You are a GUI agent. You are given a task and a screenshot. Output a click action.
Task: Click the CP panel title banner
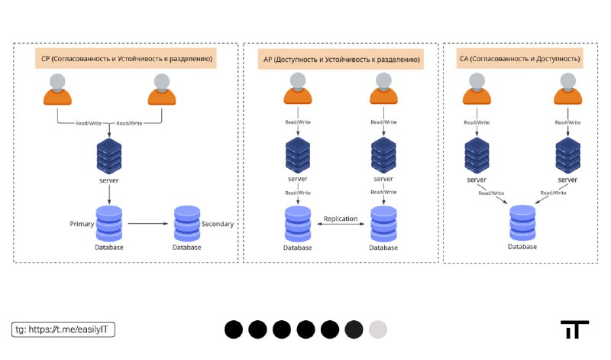tap(125, 59)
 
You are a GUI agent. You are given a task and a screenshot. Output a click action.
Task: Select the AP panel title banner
tap(341, 60)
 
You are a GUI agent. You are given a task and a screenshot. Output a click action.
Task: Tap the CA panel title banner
tap(519, 59)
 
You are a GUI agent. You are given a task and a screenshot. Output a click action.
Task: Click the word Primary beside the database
tap(82, 224)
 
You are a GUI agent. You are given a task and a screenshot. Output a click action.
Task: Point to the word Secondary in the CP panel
tap(218, 224)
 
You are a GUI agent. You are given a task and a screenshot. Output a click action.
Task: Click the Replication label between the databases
tap(340, 219)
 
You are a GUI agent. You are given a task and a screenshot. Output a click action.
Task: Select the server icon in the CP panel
tap(109, 156)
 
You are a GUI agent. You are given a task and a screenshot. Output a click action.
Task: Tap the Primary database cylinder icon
tap(109, 223)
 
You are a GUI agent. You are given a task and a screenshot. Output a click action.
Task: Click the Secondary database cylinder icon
tap(187, 223)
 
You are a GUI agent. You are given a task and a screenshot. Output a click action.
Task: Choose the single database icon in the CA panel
tap(522, 223)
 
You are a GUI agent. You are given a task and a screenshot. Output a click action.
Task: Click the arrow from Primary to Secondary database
tap(147, 223)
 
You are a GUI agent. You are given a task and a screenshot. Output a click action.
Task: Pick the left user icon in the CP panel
tap(58, 89)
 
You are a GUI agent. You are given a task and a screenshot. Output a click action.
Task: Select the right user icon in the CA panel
tap(567, 89)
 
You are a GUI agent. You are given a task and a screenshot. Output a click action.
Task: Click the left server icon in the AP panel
tap(298, 155)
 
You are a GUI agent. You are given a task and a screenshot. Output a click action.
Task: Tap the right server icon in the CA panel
tap(567, 155)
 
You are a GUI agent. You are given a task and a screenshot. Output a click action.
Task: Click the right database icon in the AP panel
tap(383, 224)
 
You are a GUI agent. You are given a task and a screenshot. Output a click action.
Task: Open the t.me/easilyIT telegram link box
tap(63, 329)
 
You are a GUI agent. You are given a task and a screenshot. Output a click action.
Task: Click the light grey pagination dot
tap(378, 329)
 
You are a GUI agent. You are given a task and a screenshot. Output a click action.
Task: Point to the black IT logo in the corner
tap(575, 329)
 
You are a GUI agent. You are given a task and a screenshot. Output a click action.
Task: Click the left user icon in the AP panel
tap(298, 89)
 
